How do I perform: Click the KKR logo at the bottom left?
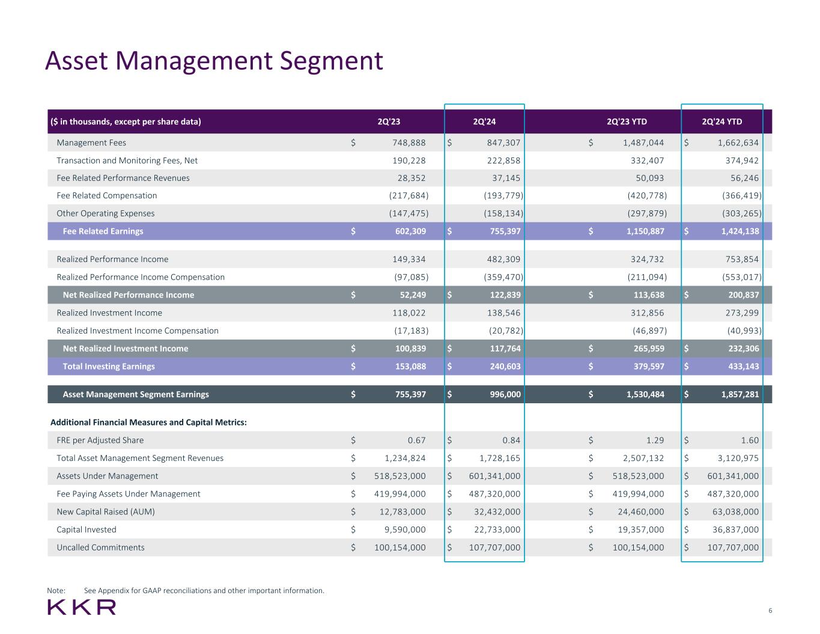82,607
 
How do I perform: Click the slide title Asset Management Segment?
214,61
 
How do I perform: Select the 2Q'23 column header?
389,122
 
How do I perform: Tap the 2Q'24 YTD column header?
721,122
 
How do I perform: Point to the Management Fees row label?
91,143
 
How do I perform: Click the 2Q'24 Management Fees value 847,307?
503,143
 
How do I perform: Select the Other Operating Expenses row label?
106,213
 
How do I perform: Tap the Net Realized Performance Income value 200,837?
740,295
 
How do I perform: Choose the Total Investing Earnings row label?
109,367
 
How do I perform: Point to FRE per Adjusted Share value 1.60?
750,440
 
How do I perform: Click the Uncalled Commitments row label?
100,547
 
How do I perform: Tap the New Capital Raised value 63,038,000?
729,512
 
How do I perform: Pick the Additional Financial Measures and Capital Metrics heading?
149,422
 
